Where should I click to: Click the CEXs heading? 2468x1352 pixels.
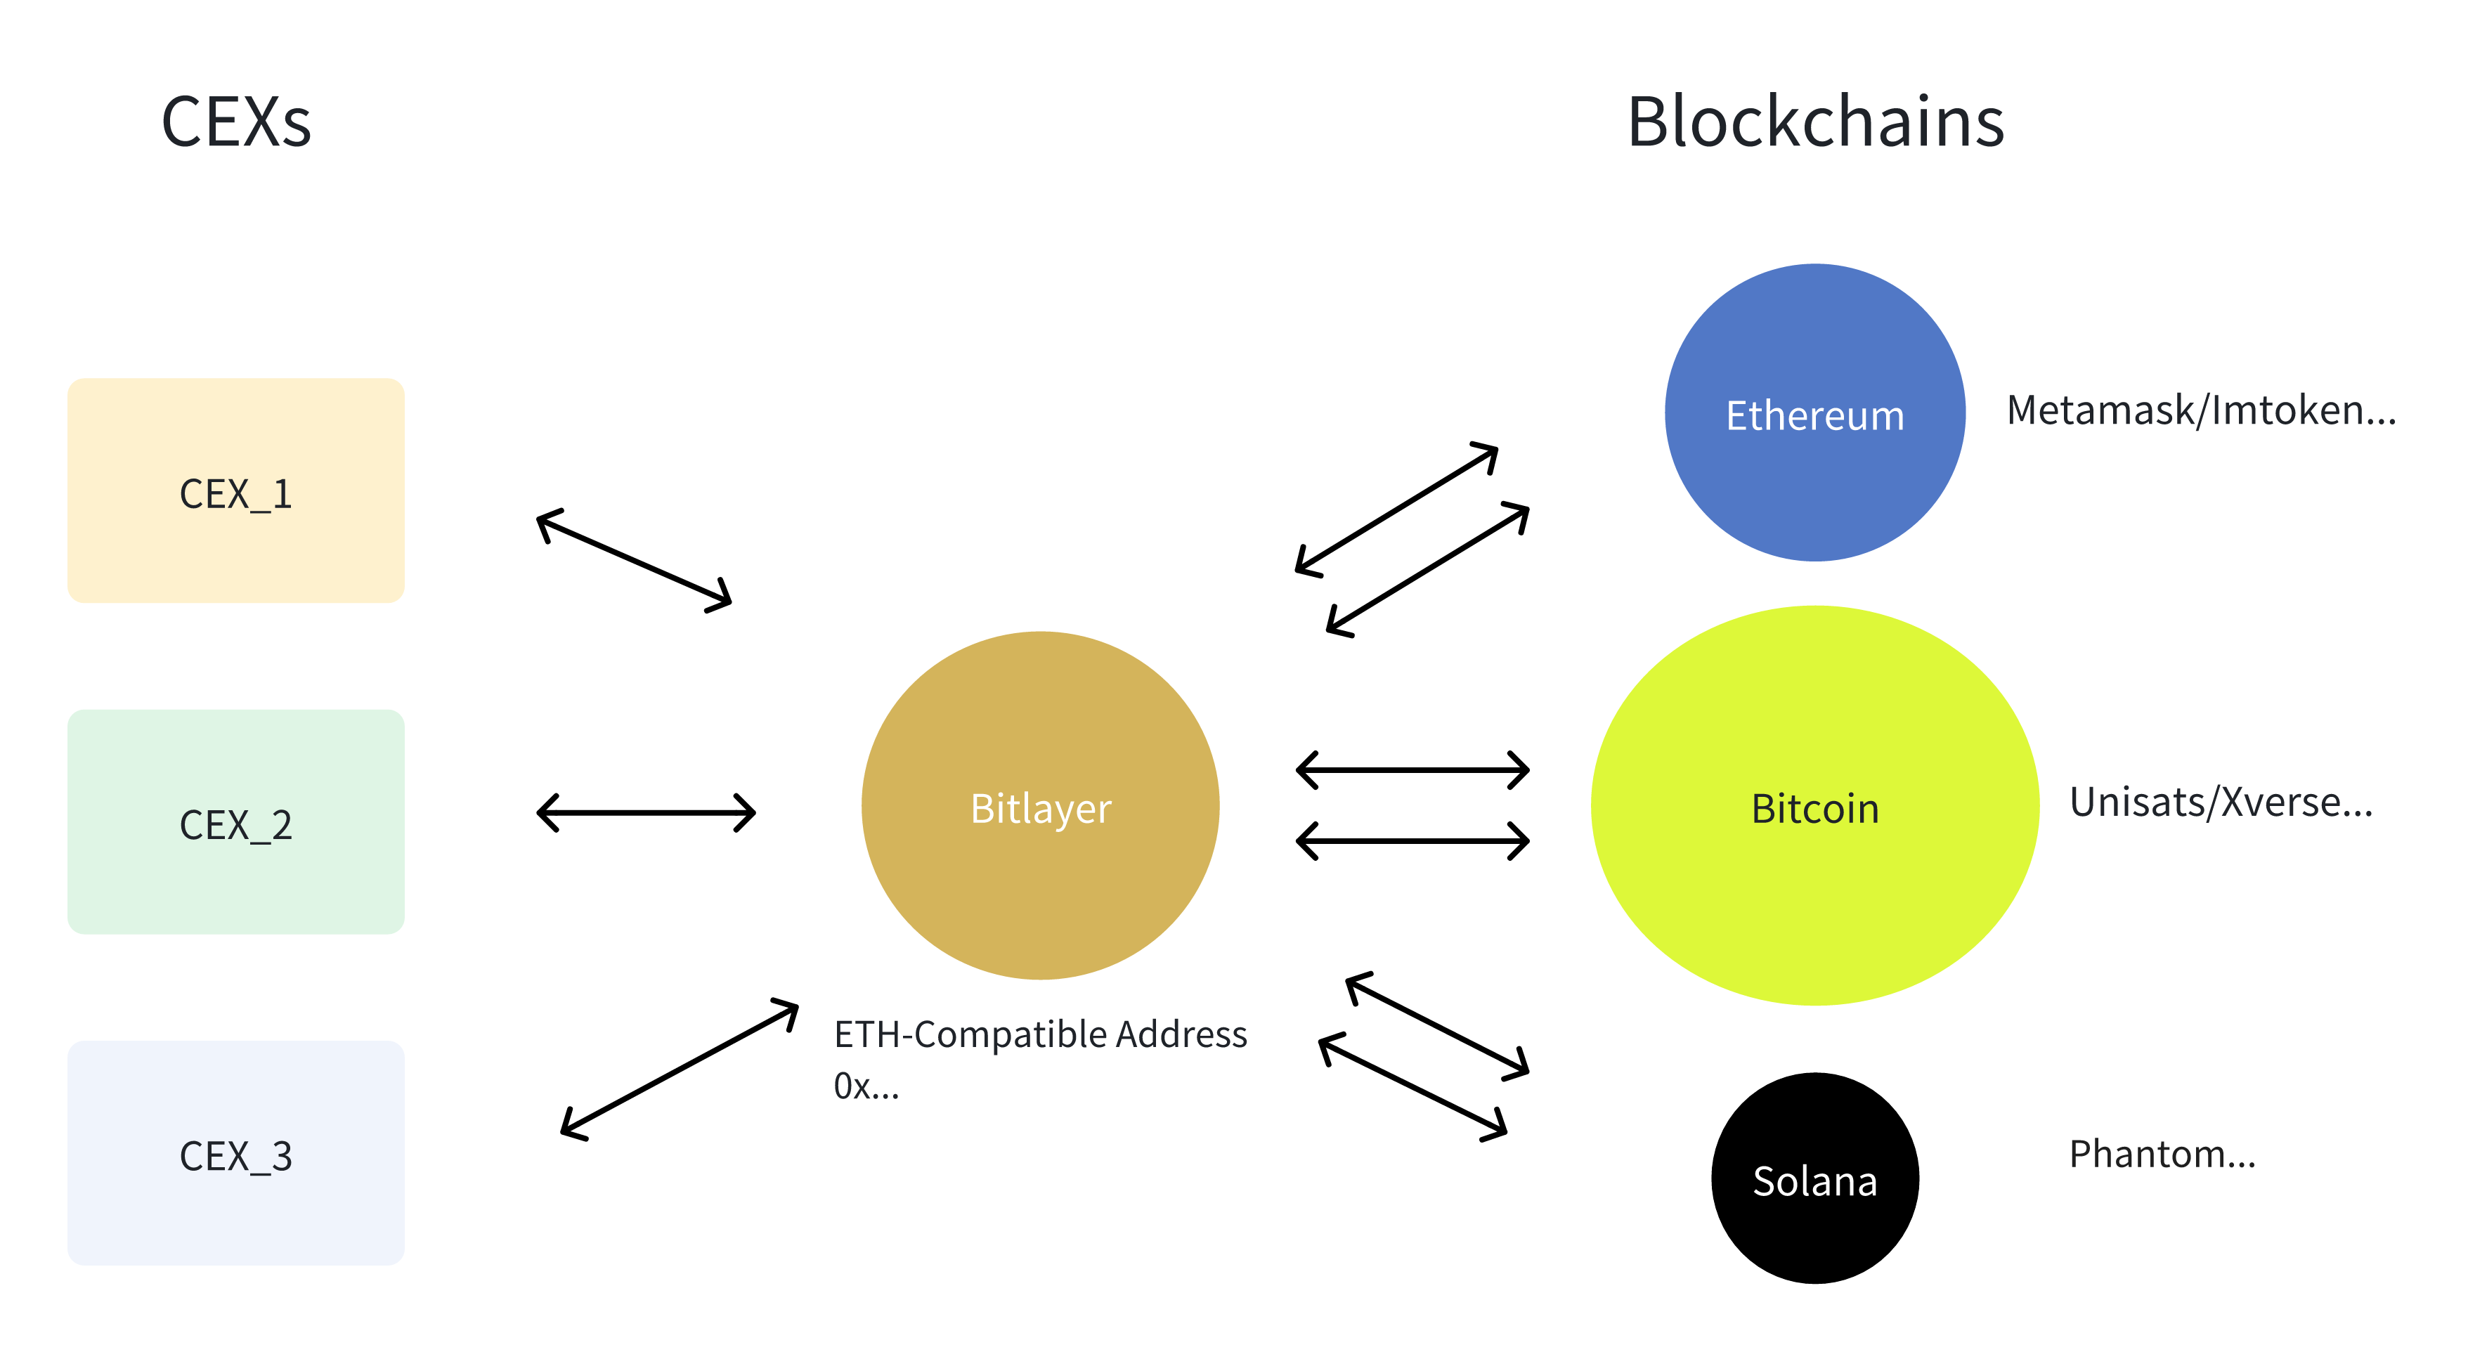tap(235, 123)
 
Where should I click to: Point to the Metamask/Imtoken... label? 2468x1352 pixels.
tap(2201, 411)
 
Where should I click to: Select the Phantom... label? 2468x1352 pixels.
tap(2162, 1155)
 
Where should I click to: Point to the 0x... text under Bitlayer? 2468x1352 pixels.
tap(866, 1086)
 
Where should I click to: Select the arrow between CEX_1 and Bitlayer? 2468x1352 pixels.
tap(635, 561)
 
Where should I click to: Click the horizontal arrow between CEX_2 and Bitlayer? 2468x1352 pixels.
tap(646, 812)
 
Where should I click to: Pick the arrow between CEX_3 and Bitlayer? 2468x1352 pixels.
tap(680, 1070)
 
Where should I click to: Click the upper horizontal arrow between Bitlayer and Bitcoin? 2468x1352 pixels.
tap(1412, 769)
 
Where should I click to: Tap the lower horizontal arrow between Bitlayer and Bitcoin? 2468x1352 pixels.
tap(1412, 841)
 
